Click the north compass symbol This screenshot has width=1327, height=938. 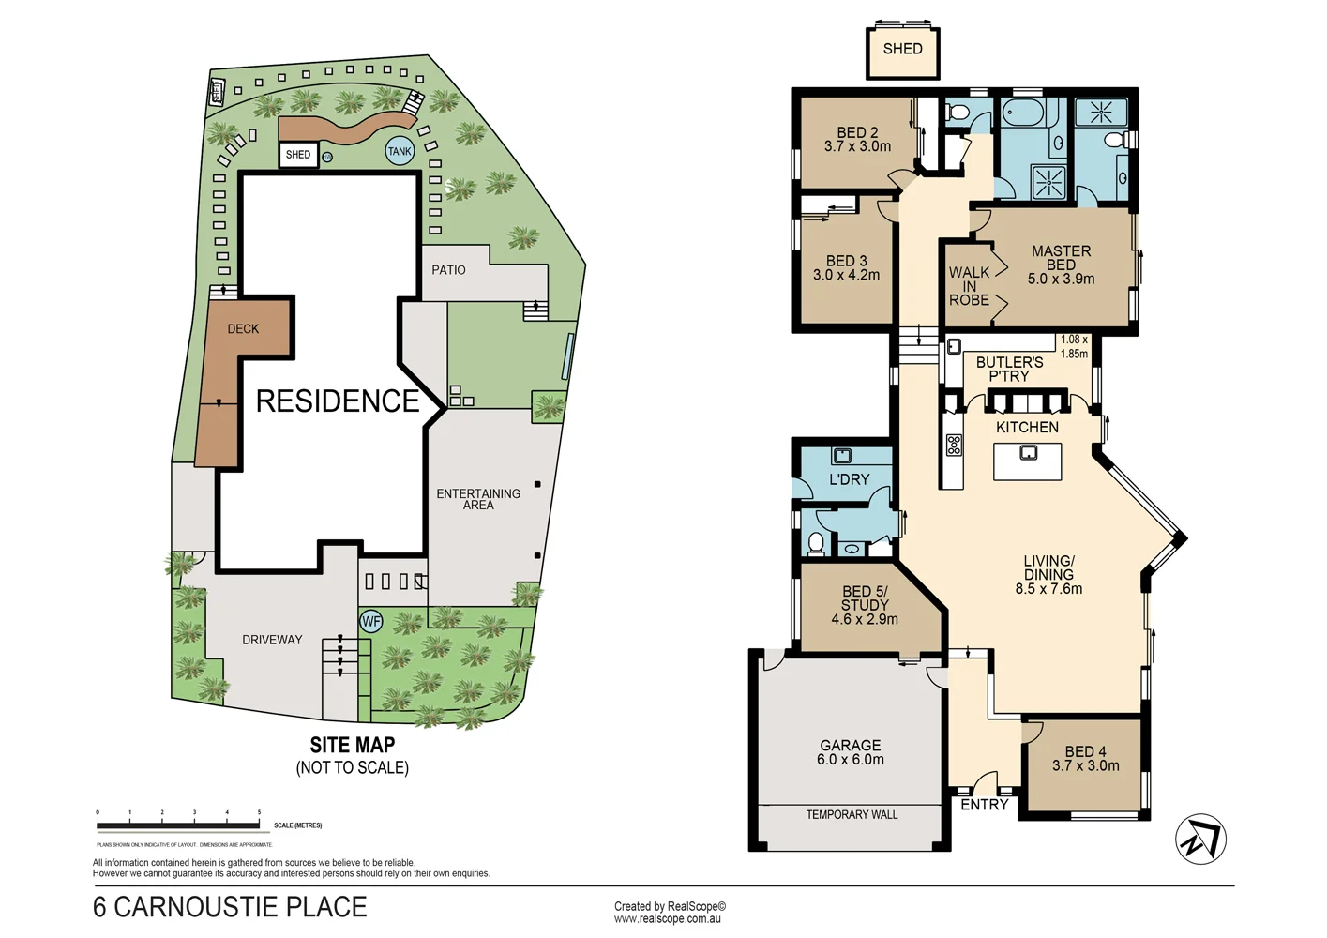point(1200,839)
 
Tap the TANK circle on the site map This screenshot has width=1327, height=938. point(400,151)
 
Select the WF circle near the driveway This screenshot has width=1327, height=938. point(371,621)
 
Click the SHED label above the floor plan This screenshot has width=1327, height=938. point(902,49)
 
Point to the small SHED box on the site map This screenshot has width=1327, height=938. point(298,155)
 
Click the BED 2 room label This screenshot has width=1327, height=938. point(857,133)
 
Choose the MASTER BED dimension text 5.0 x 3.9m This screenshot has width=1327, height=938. point(1061,279)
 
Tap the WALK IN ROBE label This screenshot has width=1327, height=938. point(969,286)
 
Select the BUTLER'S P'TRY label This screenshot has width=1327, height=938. point(1009,369)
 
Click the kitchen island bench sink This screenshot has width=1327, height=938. point(1028,453)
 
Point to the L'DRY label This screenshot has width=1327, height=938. point(849,479)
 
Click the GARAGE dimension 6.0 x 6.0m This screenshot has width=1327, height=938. point(850,760)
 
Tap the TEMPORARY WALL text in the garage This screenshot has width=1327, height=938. point(852,814)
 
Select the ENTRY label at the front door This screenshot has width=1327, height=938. point(984,805)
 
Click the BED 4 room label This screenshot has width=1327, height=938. point(1085,751)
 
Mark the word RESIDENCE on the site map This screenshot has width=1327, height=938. point(338,401)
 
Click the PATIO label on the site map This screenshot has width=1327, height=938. point(448,270)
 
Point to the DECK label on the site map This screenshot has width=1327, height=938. point(243,329)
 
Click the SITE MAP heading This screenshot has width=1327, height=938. point(353,745)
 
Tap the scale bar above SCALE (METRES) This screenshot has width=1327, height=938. point(178,825)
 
